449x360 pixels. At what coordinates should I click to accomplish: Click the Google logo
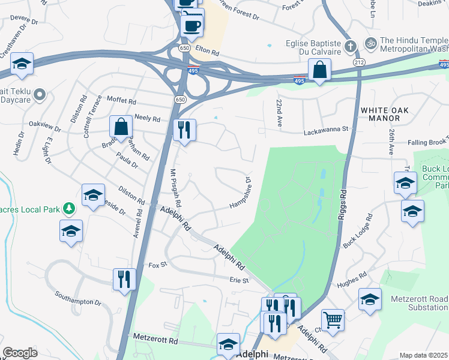20,353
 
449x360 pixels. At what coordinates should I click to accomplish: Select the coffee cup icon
192,26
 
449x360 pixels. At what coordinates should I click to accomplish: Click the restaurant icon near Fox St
124,278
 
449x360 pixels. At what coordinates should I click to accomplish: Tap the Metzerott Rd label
157,340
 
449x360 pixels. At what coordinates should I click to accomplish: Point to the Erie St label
239,280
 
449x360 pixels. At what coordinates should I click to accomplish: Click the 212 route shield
359,62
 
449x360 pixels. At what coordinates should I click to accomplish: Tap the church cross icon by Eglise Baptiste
351,45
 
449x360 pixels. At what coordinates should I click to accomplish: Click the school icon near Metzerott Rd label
228,344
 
